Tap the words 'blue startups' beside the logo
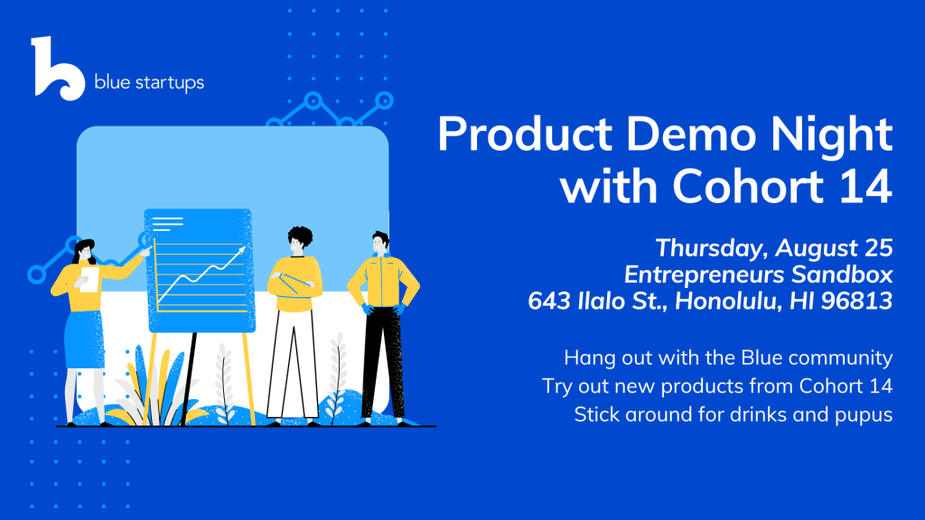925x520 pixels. click(149, 82)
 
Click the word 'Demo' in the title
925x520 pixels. click(690, 135)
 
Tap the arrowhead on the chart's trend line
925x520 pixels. click(241, 251)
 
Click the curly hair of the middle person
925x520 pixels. click(300, 236)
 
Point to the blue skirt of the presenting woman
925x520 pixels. click(84, 339)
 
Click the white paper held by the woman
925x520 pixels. click(89, 280)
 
